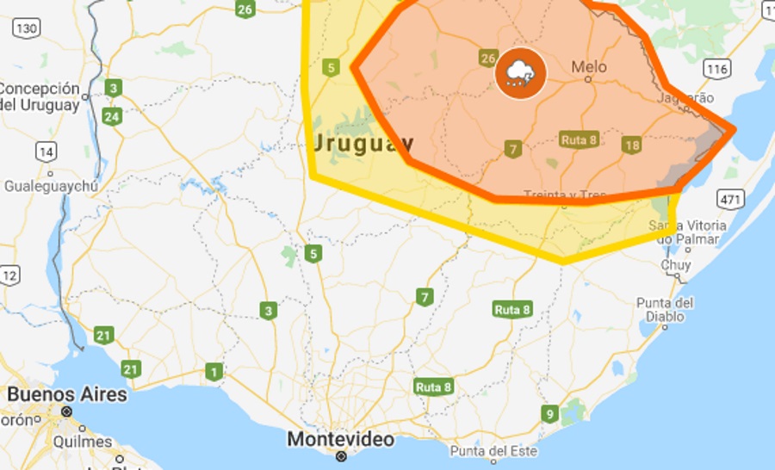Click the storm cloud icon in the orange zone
click(520, 73)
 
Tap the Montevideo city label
click(340, 440)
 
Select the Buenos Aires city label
click(67, 395)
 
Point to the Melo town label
click(589, 67)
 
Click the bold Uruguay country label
click(363, 143)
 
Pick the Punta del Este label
click(493, 451)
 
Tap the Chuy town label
click(676, 265)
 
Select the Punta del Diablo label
click(665, 309)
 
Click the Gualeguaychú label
click(51, 186)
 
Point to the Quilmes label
click(83, 441)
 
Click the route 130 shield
click(27, 28)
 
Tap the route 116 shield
click(716, 68)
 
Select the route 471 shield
click(731, 200)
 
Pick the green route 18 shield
click(632, 145)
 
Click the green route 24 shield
click(111, 116)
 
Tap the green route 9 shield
click(549, 414)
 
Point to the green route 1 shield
click(213, 372)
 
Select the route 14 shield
click(46, 152)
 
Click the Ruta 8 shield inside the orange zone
click(579, 139)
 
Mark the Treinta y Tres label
click(565, 195)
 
